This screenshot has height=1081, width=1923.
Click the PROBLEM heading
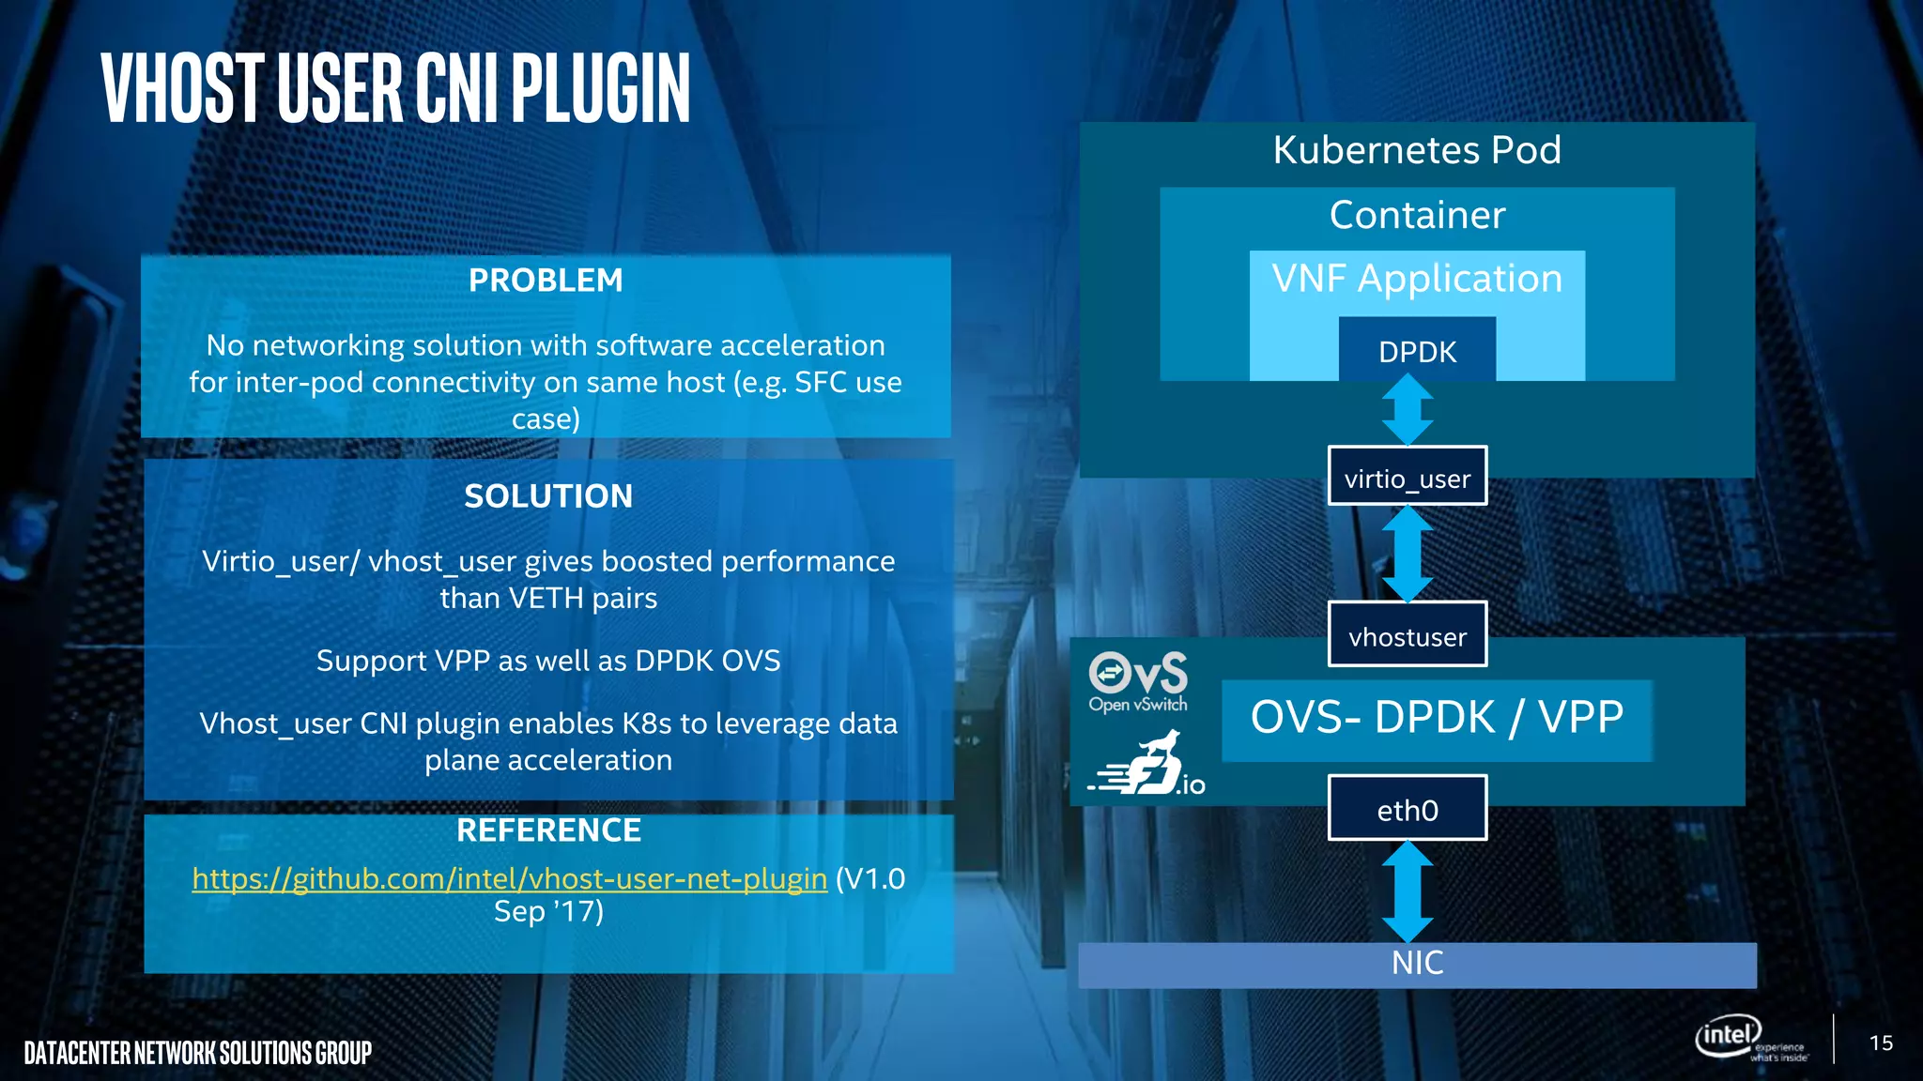[546, 281]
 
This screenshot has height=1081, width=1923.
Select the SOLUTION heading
[548, 496]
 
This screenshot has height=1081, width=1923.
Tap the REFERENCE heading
[548, 830]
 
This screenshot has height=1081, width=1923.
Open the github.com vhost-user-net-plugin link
[509, 879]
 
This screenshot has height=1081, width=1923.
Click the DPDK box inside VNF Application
[1417, 352]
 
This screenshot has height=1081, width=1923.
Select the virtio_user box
[1407, 479]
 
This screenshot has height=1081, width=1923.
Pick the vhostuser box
[1407, 636]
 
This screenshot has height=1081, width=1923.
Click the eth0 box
[1407, 809]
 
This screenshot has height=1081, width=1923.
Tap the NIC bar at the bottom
[1417, 964]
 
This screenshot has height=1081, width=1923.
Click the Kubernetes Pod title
[1417, 150]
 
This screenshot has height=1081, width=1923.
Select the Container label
[1417, 216]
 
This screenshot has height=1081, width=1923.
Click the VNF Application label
[1417, 279]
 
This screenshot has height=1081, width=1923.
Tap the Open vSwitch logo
[1138, 681]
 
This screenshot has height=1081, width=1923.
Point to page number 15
[1881, 1043]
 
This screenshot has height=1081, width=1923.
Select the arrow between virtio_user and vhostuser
[1407, 554]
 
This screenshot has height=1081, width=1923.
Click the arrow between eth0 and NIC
[1407, 891]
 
